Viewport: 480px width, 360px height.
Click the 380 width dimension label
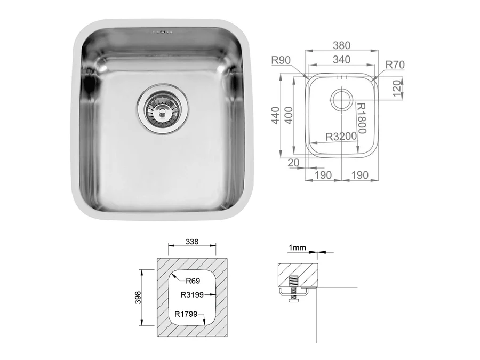[341, 45]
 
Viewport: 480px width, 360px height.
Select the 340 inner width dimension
[341, 59]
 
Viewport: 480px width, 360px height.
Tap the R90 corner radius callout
[281, 60]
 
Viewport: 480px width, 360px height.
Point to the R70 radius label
[395, 65]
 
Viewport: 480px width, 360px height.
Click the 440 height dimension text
[276, 115]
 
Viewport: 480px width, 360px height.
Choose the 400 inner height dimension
[289, 115]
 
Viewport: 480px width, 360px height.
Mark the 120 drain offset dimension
[396, 89]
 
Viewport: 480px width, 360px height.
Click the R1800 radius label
[362, 118]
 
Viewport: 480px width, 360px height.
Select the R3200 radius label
[341, 137]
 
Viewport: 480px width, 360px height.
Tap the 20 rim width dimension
[293, 163]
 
